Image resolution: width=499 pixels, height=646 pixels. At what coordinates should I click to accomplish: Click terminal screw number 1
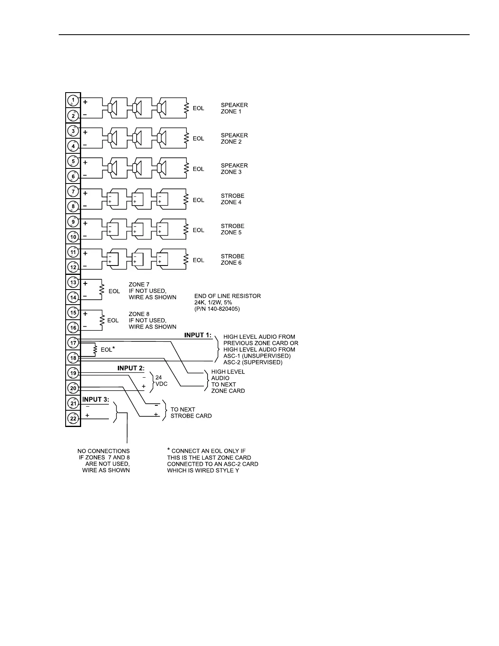[x=73, y=100]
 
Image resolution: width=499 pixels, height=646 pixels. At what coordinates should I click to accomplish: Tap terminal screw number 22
[x=73, y=418]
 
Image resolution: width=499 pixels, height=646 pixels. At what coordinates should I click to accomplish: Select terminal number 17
[x=73, y=343]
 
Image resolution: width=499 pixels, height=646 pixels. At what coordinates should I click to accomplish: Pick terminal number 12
[x=73, y=268]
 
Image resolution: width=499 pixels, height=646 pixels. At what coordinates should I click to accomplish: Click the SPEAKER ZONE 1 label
[x=234, y=108]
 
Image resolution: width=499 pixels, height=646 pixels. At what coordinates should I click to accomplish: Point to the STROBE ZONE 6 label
[x=232, y=259]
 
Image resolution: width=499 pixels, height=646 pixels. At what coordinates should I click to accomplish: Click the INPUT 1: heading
[x=198, y=335]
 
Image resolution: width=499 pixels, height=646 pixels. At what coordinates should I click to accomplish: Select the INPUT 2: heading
[x=131, y=368]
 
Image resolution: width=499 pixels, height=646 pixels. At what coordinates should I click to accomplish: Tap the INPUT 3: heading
[x=96, y=400]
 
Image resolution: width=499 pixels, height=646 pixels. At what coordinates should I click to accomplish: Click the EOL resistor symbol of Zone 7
[x=102, y=290]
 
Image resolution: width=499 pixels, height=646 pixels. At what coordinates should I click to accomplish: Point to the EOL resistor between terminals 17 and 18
[x=95, y=350]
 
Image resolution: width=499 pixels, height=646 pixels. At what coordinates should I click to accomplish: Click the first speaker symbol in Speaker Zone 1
[x=111, y=108]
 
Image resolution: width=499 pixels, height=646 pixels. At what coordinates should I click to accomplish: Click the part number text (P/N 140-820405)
[x=217, y=309]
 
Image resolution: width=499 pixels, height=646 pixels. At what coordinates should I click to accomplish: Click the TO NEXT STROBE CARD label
[x=191, y=413]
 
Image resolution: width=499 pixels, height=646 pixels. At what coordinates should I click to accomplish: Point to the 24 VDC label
[x=161, y=381]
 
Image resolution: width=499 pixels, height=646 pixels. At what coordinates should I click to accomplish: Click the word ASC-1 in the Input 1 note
[x=232, y=356]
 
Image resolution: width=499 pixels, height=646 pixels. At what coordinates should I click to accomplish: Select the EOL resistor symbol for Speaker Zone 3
[x=187, y=168]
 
